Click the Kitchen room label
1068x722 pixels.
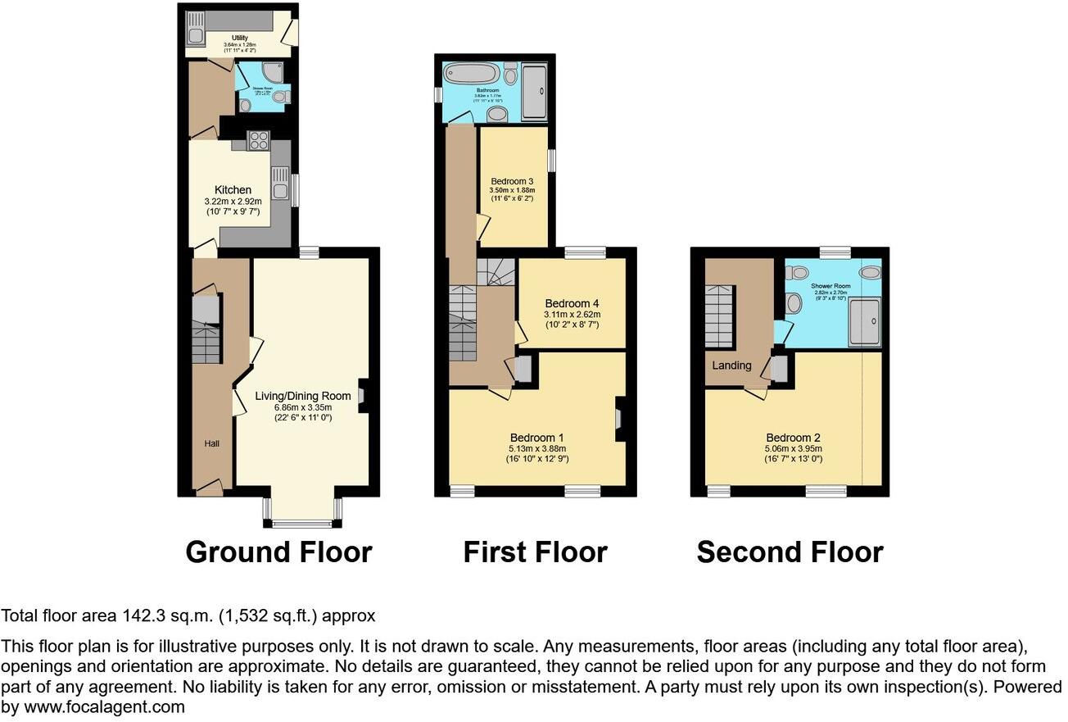(233, 190)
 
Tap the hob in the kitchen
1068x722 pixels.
(259, 141)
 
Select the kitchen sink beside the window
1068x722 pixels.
(280, 185)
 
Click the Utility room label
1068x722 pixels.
(239, 38)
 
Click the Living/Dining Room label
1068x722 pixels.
(302, 396)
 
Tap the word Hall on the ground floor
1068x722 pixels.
(211, 443)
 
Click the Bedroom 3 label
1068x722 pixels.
(512, 181)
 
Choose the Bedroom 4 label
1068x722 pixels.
(572, 302)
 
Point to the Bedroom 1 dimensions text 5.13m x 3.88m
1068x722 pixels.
(537, 449)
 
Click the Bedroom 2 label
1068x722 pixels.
(793, 438)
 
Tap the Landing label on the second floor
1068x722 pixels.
(731, 366)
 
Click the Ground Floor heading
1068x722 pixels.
(278, 552)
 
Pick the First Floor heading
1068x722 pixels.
(535, 552)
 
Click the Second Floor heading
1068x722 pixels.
(790, 552)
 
